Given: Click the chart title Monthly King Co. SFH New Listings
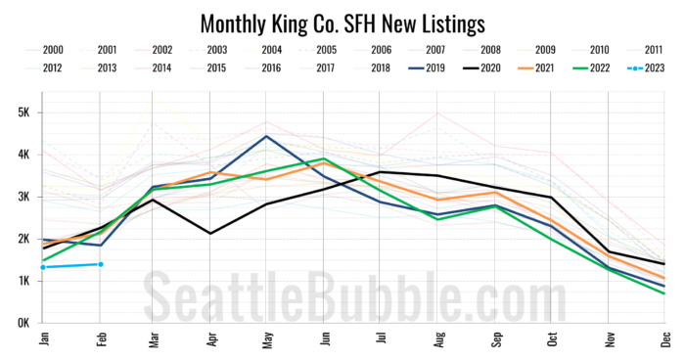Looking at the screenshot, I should coord(342,22).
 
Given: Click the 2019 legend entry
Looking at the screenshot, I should coord(417,67).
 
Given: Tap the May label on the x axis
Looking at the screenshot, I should coord(267,338).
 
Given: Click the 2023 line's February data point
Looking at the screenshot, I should coord(100,264).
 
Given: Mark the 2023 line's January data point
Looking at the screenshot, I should coord(43,267).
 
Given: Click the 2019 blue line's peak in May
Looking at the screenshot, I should coord(266,136).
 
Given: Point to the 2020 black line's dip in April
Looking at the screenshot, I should coord(210,233).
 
